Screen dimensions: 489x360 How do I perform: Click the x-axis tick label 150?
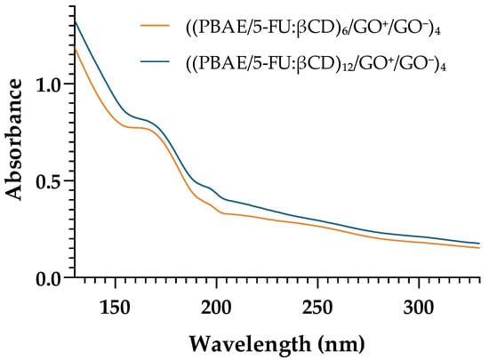(115, 308)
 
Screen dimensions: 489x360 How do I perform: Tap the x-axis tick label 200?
(216, 308)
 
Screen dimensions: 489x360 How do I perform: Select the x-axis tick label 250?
(317, 308)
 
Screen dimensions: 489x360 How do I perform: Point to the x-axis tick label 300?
(419, 308)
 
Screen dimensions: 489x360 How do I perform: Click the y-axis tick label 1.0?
(49, 84)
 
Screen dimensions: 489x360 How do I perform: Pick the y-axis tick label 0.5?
(49, 180)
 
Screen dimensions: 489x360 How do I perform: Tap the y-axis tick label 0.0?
(49, 278)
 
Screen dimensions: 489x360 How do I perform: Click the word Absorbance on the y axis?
(14, 140)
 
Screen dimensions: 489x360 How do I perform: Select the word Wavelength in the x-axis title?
(250, 344)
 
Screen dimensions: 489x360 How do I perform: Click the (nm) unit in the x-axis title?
(341, 345)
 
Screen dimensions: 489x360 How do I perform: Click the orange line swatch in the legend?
(155, 26)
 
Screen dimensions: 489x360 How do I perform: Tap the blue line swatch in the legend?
(155, 61)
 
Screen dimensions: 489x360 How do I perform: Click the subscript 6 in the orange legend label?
(341, 32)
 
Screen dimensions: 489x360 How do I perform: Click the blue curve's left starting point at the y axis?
(75, 20)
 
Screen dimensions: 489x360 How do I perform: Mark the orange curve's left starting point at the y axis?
(75, 47)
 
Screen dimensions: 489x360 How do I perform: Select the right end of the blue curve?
(479, 244)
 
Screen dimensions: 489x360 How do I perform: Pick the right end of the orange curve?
(479, 248)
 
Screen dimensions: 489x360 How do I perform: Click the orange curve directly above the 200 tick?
(216, 209)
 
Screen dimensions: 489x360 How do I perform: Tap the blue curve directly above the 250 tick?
(317, 220)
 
